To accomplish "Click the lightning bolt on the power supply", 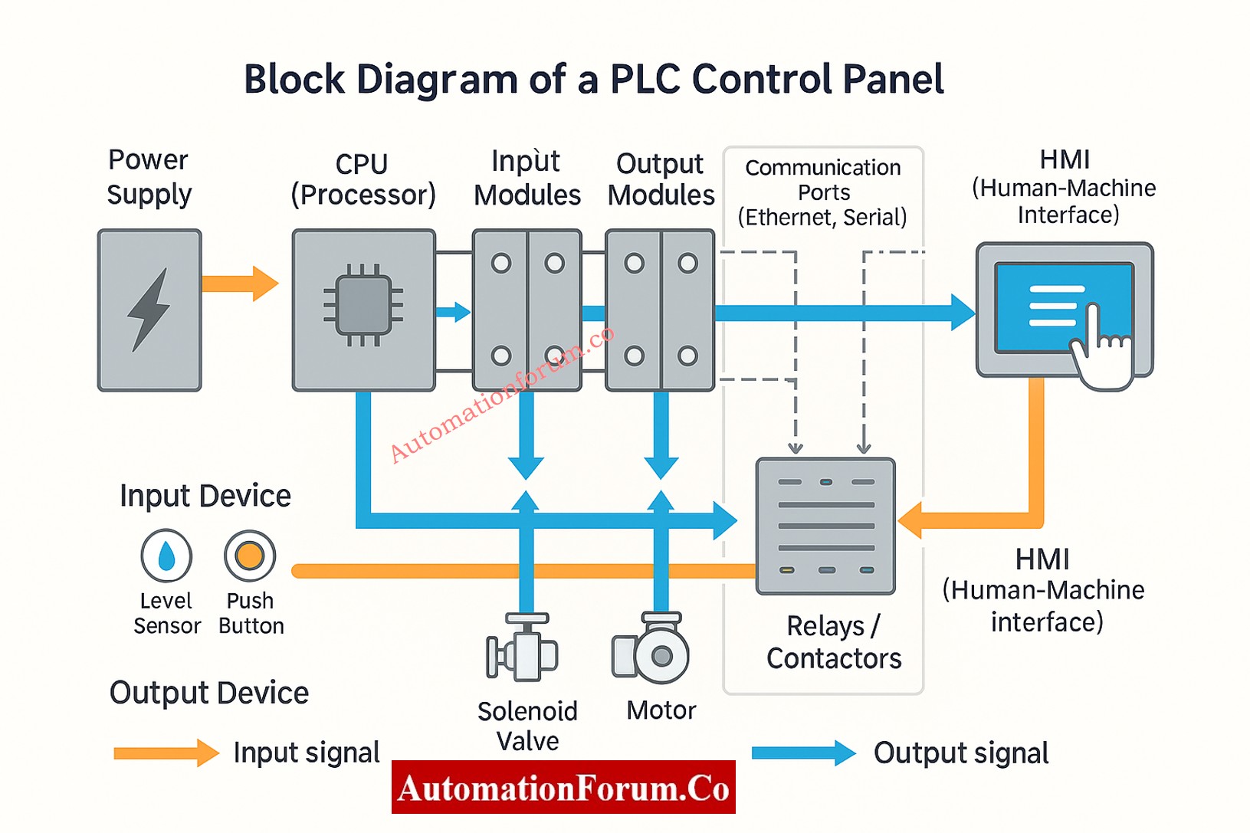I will [x=149, y=310].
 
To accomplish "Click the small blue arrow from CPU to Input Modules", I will [x=453, y=312].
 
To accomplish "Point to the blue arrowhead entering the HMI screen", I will [x=963, y=312].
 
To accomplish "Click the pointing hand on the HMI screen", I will [x=1102, y=349].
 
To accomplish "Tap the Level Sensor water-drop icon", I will [x=166, y=556].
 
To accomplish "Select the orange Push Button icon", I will [x=250, y=556].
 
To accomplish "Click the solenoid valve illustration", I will [x=523, y=649].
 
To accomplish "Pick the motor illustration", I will [x=652, y=651].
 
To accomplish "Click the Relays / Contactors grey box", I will [x=825, y=526].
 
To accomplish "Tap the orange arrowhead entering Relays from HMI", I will [x=910, y=521].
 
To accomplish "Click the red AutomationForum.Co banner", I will [x=563, y=788].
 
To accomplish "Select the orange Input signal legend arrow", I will [x=166, y=753].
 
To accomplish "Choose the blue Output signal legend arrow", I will [x=803, y=753].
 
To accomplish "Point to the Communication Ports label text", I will [x=822, y=192].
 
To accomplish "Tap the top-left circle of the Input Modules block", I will [x=501, y=264].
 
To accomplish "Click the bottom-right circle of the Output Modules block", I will [x=687, y=356].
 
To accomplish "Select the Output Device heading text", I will [x=208, y=693].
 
